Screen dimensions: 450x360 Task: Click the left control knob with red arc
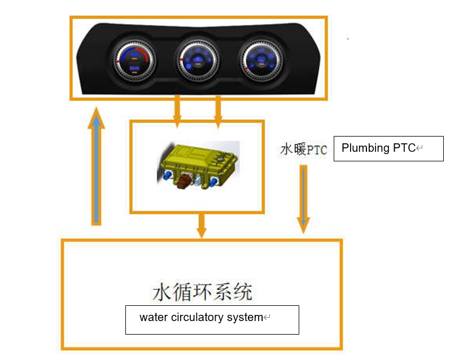click(x=134, y=62)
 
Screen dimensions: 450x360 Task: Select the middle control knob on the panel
click(x=198, y=60)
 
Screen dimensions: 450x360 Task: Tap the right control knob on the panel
click(x=261, y=60)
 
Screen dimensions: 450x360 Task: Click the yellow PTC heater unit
click(x=198, y=165)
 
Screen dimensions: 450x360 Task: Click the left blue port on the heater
click(x=167, y=175)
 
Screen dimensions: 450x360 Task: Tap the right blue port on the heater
click(x=213, y=182)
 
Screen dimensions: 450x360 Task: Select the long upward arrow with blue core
click(x=96, y=166)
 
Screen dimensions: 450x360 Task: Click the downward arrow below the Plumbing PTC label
click(x=303, y=199)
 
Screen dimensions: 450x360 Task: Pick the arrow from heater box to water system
click(x=202, y=225)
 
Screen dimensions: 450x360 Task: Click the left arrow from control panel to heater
click(x=177, y=112)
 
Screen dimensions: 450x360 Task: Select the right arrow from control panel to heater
click(x=218, y=112)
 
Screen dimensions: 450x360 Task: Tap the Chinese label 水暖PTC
click(x=304, y=150)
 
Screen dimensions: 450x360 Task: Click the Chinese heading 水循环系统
click(x=203, y=292)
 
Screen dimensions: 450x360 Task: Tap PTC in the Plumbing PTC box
click(x=404, y=148)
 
